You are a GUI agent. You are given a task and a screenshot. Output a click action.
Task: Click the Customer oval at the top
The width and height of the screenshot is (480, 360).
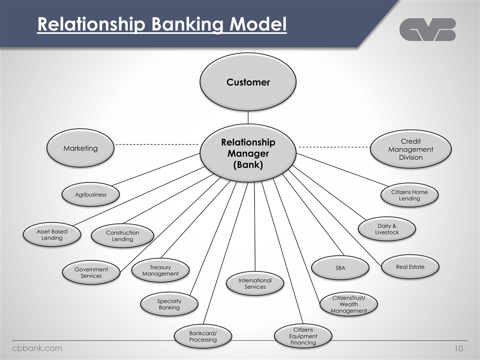point(248,82)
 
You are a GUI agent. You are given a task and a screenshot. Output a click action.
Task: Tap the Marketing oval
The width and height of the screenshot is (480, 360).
point(80,148)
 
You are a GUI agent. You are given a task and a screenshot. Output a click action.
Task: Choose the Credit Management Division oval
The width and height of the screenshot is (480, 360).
point(410,149)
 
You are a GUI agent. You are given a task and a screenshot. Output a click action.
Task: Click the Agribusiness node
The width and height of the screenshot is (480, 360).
point(90,194)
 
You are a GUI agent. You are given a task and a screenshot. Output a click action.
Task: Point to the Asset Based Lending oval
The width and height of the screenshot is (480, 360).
point(52,234)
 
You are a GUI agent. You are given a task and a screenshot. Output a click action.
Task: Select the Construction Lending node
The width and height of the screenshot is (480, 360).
point(122,236)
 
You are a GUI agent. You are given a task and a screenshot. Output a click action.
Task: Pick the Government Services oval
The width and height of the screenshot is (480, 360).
point(91,272)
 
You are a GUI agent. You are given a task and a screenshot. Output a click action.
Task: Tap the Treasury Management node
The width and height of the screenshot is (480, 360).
point(160,270)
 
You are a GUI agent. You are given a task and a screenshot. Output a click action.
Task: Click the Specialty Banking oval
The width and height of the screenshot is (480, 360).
point(169,304)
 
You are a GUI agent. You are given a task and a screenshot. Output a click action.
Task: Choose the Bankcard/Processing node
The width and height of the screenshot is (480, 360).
point(203,336)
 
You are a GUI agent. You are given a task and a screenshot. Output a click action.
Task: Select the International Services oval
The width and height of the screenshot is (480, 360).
point(255,283)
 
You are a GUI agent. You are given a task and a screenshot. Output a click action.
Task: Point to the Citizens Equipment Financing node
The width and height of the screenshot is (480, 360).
point(303,336)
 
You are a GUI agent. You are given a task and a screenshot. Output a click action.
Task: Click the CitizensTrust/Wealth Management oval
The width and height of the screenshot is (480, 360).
point(348,304)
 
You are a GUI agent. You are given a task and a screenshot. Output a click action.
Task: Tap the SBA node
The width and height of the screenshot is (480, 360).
point(340,268)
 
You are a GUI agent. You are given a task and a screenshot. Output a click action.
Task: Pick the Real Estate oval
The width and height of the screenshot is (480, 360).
point(410,267)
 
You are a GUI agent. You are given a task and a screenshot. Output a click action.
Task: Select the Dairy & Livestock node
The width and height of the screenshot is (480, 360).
point(387,229)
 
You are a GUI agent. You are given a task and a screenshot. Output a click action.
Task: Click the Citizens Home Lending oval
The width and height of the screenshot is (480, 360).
point(409,195)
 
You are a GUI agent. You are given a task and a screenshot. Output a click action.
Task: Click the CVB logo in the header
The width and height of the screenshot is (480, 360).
point(427,29)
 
